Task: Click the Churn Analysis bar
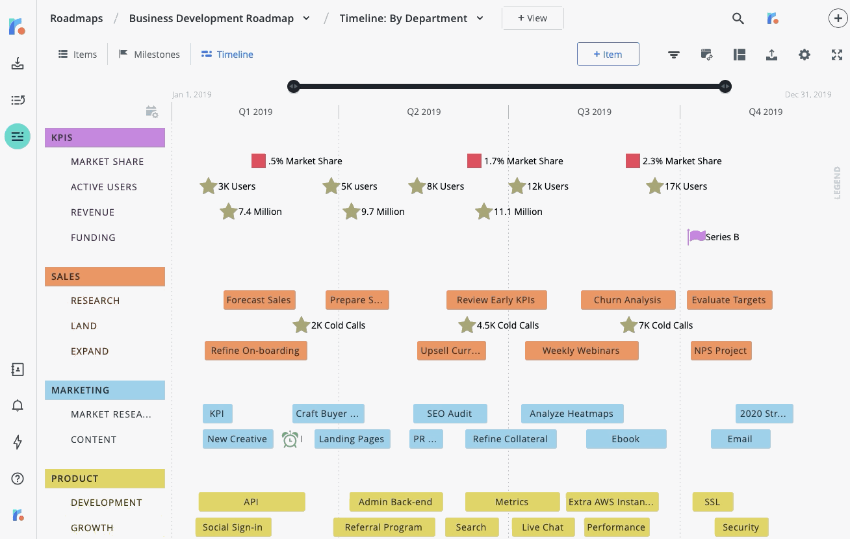point(626,300)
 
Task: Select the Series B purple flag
point(697,236)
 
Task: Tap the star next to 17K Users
point(654,186)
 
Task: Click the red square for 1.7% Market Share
point(474,161)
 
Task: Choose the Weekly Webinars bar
point(581,351)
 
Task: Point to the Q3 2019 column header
point(594,112)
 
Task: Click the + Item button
point(608,55)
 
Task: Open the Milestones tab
point(149,55)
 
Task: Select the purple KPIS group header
point(105,138)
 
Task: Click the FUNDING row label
point(93,238)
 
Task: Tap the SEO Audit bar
point(450,414)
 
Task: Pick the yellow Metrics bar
point(512,502)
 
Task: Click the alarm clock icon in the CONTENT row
point(290,440)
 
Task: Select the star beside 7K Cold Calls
point(628,325)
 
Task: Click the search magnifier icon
point(738,19)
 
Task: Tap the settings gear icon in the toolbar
point(805,55)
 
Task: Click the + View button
point(532,18)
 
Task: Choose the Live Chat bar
point(543,527)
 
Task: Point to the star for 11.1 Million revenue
point(483,212)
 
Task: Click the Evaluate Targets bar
point(729,300)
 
